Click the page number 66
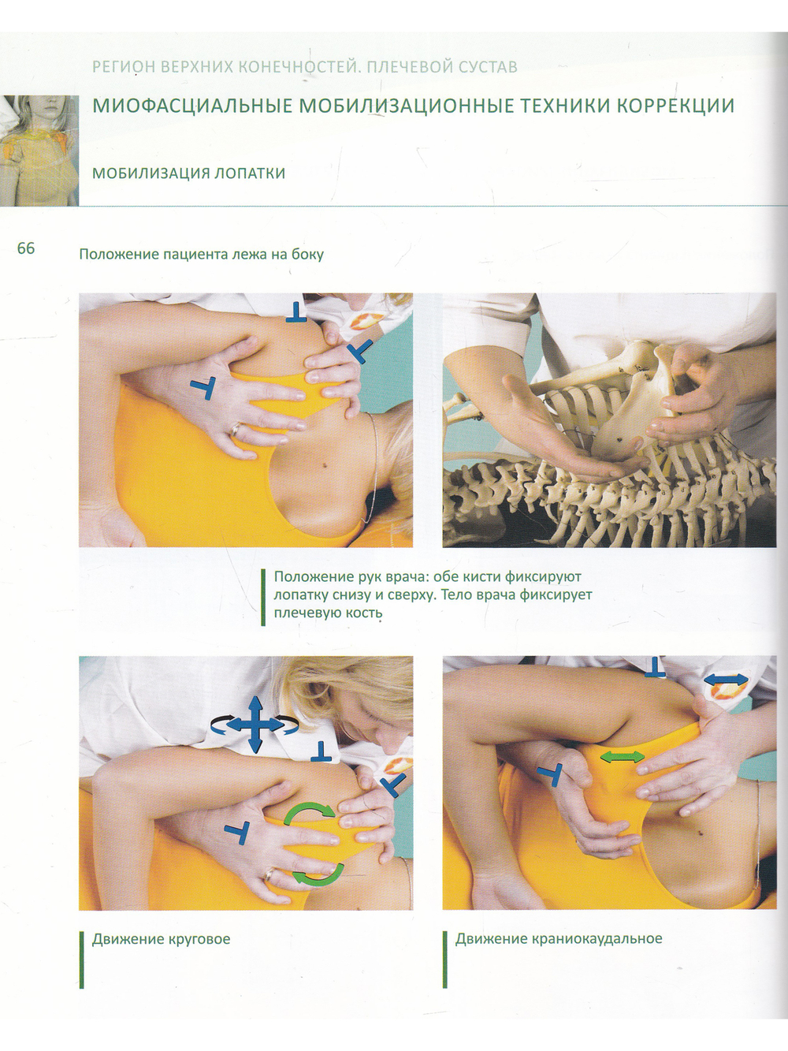[26, 248]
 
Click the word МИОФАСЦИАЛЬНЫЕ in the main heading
[192, 106]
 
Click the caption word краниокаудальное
[597, 938]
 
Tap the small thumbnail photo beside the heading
[39, 151]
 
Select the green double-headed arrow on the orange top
[622, 757]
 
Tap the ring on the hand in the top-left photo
[236, 430]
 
